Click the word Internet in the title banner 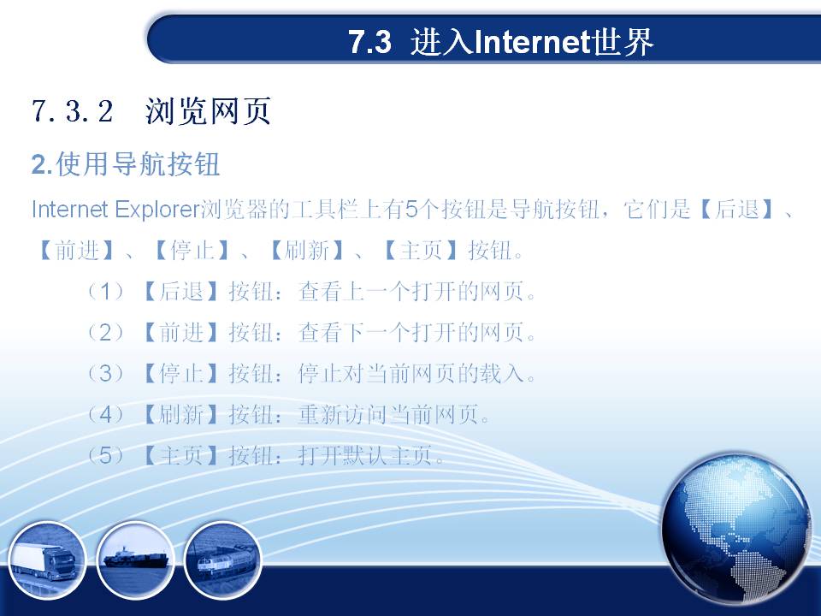pos(533,42)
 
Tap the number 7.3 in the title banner pos(369,42)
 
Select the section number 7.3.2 pos(72,110)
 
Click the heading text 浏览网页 pos(208,111)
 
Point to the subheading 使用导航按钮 pos(138,164)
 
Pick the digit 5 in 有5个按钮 pos(411,210)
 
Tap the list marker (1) pos(105,291)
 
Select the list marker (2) pos(105,333)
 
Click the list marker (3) pos(105,374)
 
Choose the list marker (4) pos(105,415)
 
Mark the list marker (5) pos(105,456)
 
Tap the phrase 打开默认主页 pos(365,456)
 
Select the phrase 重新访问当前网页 pos(388,415)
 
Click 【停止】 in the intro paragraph pos(192,251)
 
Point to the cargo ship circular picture pos(136,560)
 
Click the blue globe pos(735,529)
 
